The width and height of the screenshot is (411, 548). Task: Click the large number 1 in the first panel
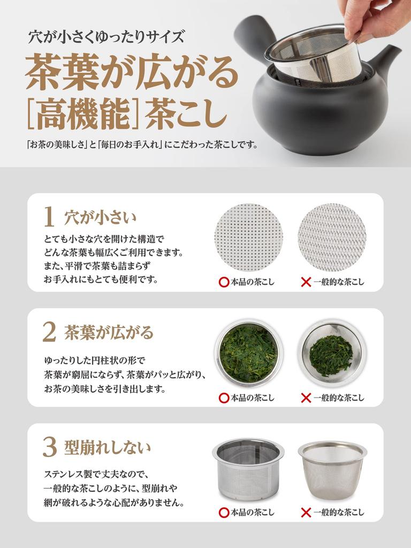click(x=49, y=218)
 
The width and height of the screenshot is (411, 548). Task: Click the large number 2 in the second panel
click(x=49, y=333)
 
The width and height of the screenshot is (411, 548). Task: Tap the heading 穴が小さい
click(x=100, y=218)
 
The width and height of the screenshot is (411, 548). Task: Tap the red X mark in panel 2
click(x=306, y=398)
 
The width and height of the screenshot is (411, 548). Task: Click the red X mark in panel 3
click(x=306, y=513)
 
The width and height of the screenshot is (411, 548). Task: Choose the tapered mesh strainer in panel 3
click(x=332, y=469)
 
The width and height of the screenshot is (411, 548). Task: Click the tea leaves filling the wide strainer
click(x=248, y=353)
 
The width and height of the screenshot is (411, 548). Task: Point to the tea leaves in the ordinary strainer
click(x=331, y=355)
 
